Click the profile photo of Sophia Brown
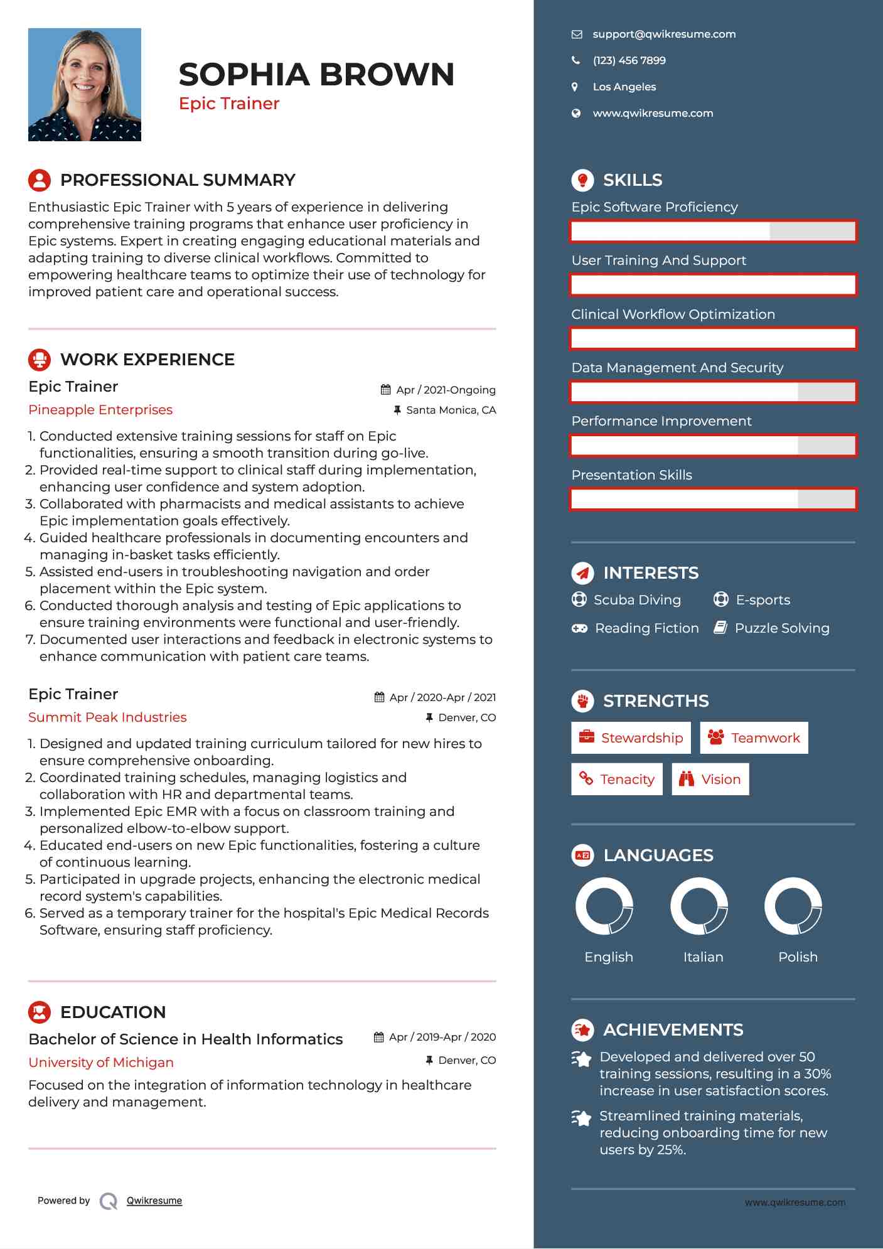click(x=85, y=85)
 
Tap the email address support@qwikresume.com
click(x=663, y=34)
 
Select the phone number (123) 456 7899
click(x=629, y=60)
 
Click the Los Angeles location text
click(x=624, y=87)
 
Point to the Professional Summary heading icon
click(x=40, y=180)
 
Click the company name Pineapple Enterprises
click(x=100, y=410)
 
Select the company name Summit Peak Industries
click(x=107, y=717)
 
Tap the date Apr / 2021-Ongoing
click(x=446, y=390)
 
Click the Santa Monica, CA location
click(x=451, y=410)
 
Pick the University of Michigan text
click(x=101, y=1063)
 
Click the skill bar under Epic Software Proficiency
click(x=713, y=231)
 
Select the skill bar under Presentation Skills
click(x=713, y=500)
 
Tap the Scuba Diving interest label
click(x=637, y=600)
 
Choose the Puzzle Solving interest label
click(x=781, y=628)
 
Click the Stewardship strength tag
click(x=631, y=737)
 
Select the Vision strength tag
click(x=710, y=780)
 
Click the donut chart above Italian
click(x=699, y=906)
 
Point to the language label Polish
click(x=798, y=957)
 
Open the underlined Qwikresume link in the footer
click(x=154, y=1201)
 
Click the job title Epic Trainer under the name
click(x=229, y=104)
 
